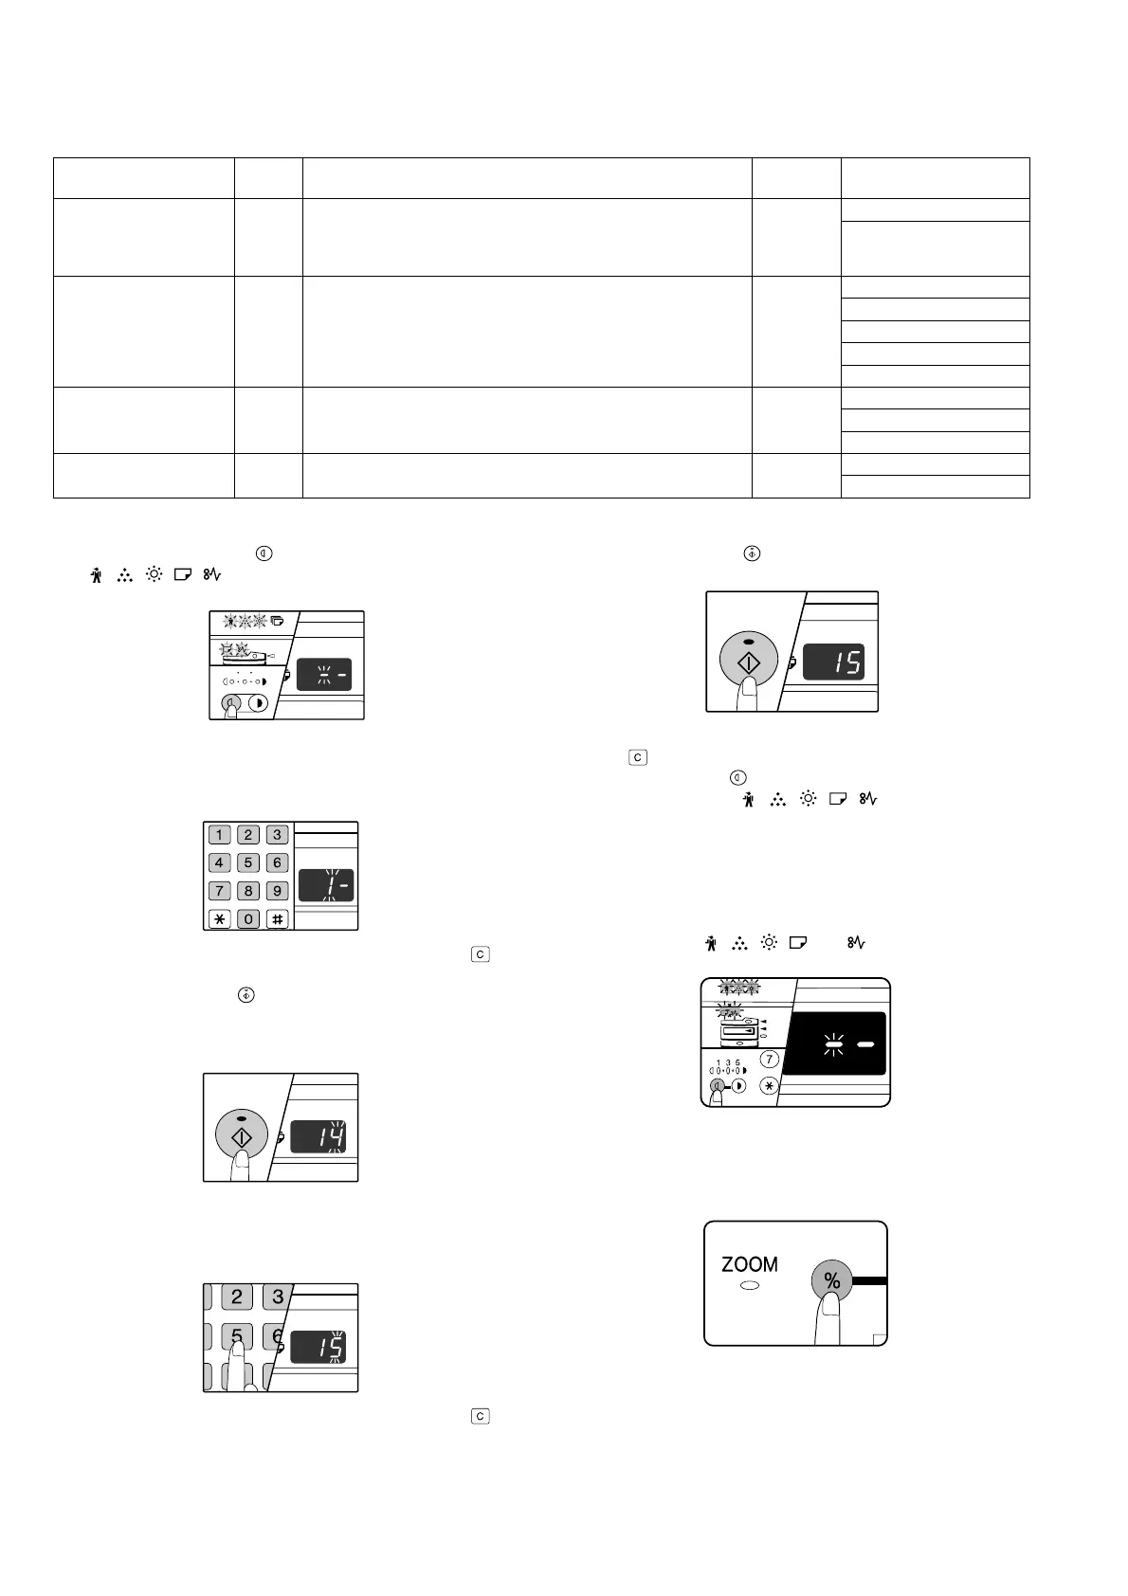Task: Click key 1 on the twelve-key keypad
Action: (219, 835)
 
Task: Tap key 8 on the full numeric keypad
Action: (248, 891)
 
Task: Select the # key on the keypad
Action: (277, 918)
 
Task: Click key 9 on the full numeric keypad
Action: (277, 891)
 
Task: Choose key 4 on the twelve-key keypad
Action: (219, 862)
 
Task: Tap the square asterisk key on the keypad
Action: (219, 918)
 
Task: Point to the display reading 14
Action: (318, 1136)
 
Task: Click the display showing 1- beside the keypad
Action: (326, 885)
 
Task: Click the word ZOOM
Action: (749, 1264)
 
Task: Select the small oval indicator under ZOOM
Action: (750, 1287)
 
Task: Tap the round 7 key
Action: (770, 1060)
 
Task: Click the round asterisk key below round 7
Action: (770, 1086)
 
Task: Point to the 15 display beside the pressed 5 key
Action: (318, 1348)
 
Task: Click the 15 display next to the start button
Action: (834, 662)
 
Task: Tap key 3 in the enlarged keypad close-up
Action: (278, 1297)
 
